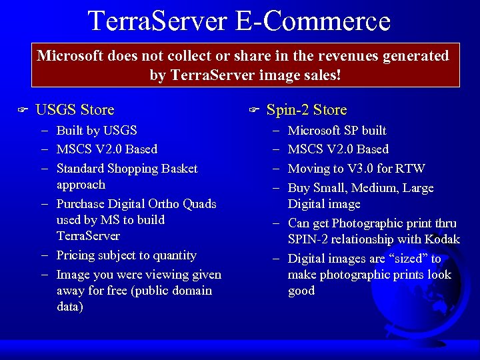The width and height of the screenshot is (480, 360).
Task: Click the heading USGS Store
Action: click(x=75, y=109)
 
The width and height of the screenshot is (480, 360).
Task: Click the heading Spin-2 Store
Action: click(x=306, y=109)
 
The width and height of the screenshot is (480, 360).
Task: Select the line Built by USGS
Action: click(x=97, y=131)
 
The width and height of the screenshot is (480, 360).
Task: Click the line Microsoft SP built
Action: click(x=337, y=131)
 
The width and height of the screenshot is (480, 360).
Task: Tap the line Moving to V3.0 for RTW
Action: click(x=356, y=169)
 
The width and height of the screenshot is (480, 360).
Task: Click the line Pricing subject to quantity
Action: click(x=127, y=255)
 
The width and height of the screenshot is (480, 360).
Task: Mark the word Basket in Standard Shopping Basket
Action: click(x=178, y=169)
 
